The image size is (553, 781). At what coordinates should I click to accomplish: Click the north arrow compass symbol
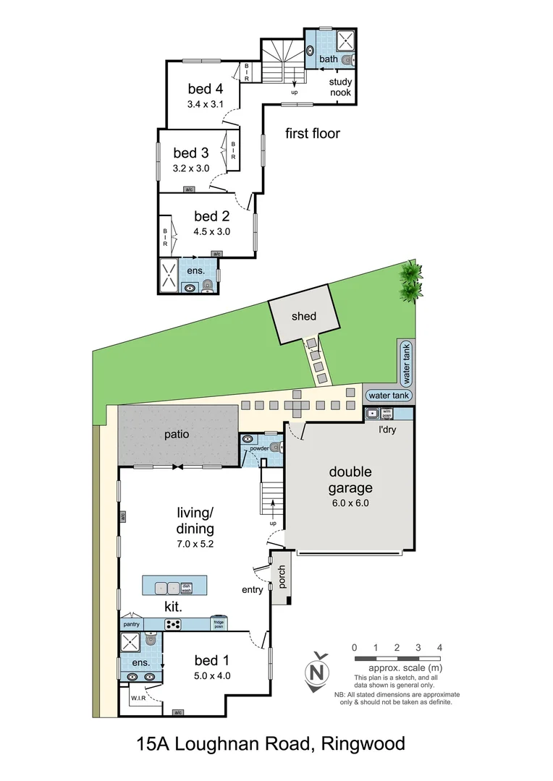pos(316,672)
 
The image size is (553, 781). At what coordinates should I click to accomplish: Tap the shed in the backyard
pos(304,316)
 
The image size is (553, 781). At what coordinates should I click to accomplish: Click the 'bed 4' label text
pos(205,89)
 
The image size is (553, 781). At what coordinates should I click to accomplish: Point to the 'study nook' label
pos(341,88)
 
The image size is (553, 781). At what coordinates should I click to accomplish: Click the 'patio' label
pos(176,435)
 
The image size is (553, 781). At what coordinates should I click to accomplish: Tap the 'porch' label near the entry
pos(280,576)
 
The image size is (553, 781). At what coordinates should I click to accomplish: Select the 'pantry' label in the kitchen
pos(131,623)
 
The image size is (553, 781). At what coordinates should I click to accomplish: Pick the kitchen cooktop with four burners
pos(173,624)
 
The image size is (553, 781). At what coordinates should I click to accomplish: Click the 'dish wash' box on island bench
pos(186,588)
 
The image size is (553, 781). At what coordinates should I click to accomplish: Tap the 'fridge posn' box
pos(218,623)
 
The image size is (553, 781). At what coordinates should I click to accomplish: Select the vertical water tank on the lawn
pos(406,363)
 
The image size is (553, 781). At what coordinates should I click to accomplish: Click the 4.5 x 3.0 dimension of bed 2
pos(211,232)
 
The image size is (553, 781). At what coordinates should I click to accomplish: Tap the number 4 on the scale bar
pos(439,647)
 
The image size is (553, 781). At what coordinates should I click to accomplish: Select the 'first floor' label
pos(312,133)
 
